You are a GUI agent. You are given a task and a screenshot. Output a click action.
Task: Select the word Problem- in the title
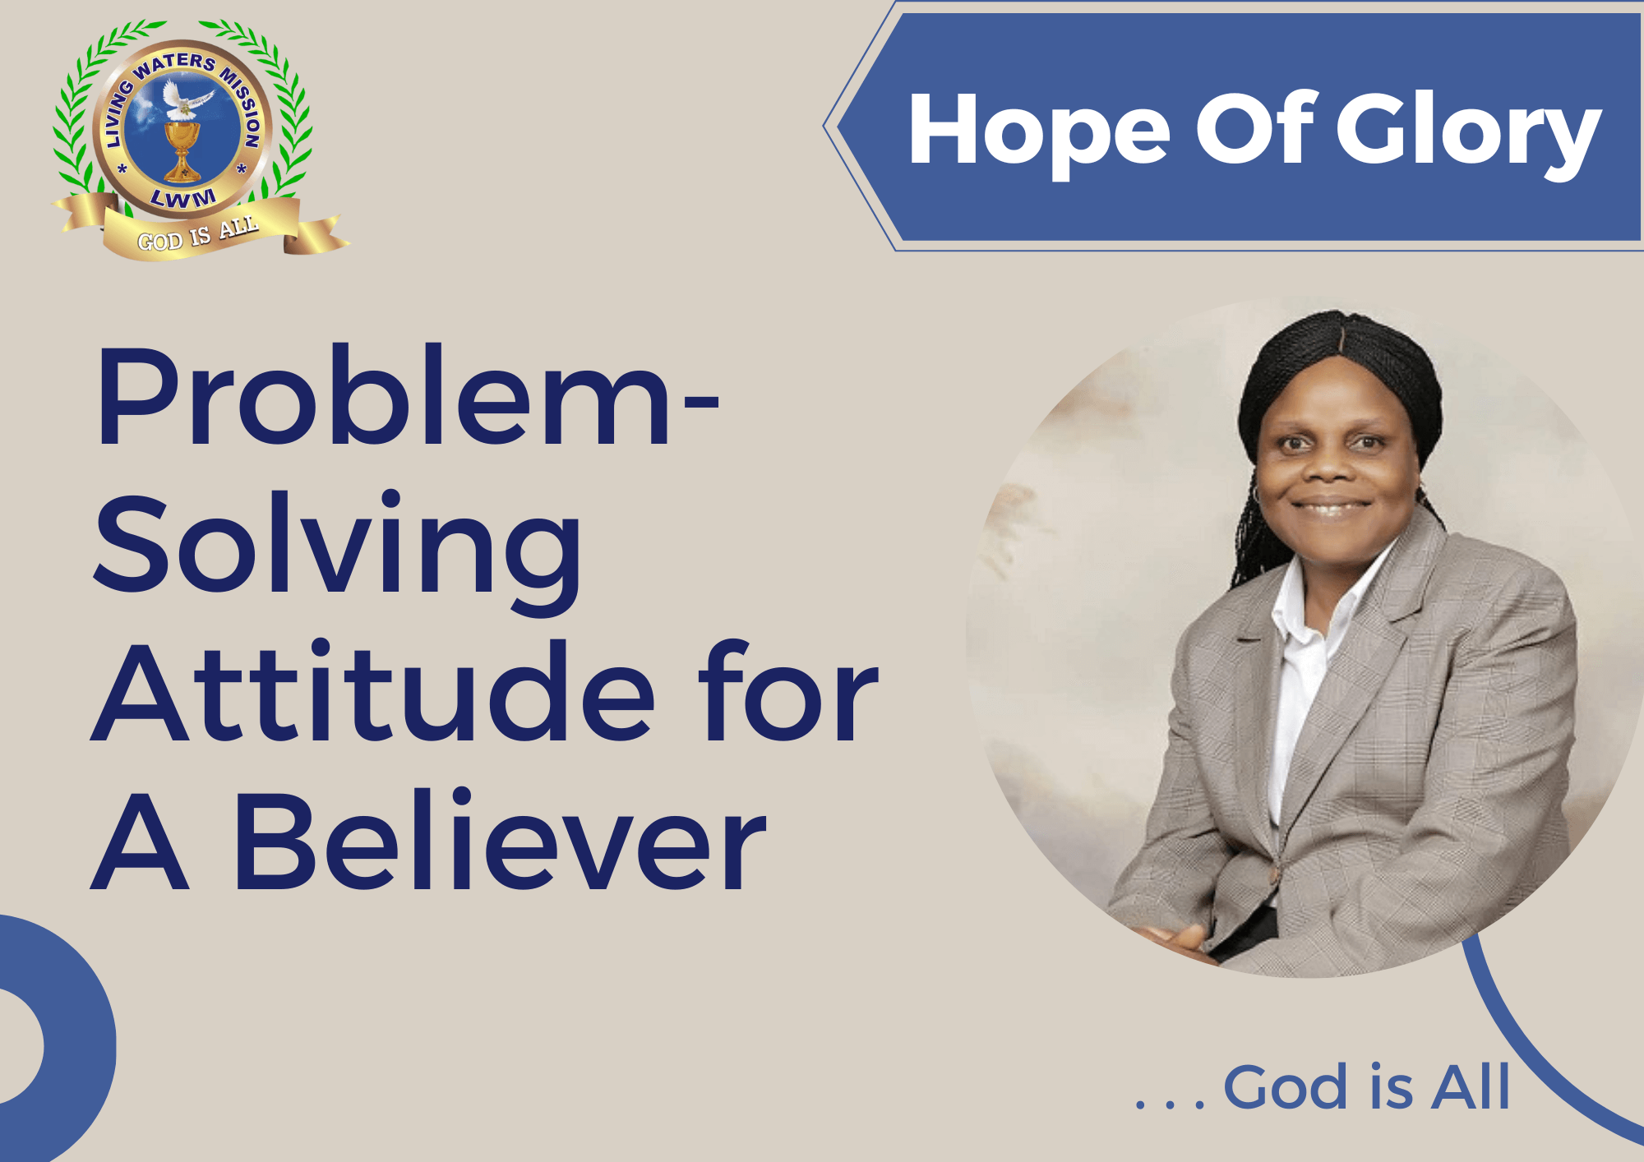408,396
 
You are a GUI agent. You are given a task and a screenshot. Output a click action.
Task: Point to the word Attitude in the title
373,692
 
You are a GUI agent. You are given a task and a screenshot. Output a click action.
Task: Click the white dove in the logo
186,100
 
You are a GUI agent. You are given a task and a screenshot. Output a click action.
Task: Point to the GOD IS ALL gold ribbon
199,230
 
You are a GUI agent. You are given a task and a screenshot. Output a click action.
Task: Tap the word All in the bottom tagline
1471,1086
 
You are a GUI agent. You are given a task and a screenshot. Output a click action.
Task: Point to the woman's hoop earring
1256,496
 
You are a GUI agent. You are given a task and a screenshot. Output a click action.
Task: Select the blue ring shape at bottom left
90,986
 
